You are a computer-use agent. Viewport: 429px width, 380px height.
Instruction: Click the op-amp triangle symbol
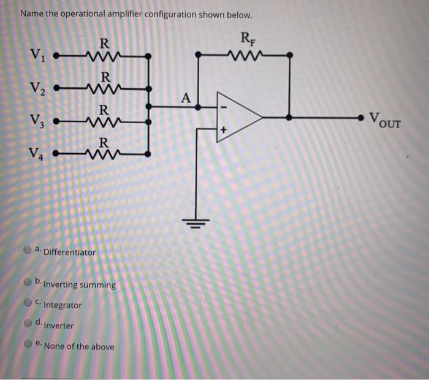[239, 114]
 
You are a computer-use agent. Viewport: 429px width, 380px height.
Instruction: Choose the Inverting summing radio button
[28, 283]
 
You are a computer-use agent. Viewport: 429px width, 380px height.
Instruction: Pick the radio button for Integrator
[28, 303]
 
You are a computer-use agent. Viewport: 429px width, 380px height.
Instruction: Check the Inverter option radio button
[28, 323]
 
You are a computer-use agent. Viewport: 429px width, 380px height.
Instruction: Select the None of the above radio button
[28, 344]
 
